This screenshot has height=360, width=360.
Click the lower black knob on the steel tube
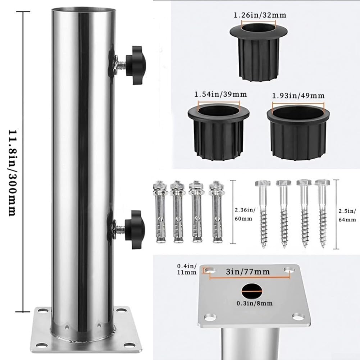(135, 229)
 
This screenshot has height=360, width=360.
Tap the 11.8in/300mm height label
(12, 173)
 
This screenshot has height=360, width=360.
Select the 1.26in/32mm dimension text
(260, 15)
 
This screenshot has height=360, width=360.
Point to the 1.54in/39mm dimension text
(220, 94)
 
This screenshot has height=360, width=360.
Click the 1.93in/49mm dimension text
(298, 96)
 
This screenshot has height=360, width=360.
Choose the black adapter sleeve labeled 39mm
(218, 131)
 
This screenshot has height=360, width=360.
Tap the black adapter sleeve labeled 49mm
(298, 133)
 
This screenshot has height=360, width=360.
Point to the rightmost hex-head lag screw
(322, 214)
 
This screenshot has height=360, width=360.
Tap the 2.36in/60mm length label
(245, 214)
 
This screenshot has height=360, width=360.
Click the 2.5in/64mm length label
(347, 215)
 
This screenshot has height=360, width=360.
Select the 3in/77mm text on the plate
(248, 272)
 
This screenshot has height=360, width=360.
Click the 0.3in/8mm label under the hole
(255, 303)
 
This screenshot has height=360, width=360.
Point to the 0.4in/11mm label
(187, 269)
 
